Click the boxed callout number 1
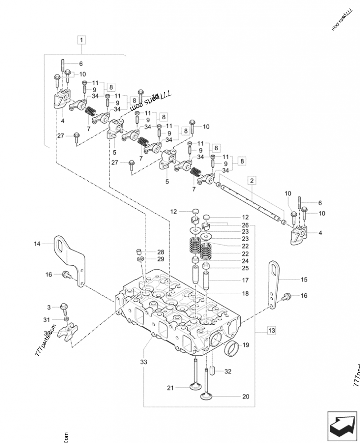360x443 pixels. pyautogui.click(x=81, y=40)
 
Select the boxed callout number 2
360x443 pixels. pyautogui.click(x=252, y=181)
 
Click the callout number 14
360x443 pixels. pyautogui.click(x=37, y=244)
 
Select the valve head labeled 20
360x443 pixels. pyautogui.click(x=207, y=396)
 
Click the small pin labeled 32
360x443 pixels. pyautogui.click(x=212, y=371)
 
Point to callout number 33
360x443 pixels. pyautogui.click(x=143, y=362)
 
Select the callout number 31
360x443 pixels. pyautogui.click(x=46, y=319)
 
